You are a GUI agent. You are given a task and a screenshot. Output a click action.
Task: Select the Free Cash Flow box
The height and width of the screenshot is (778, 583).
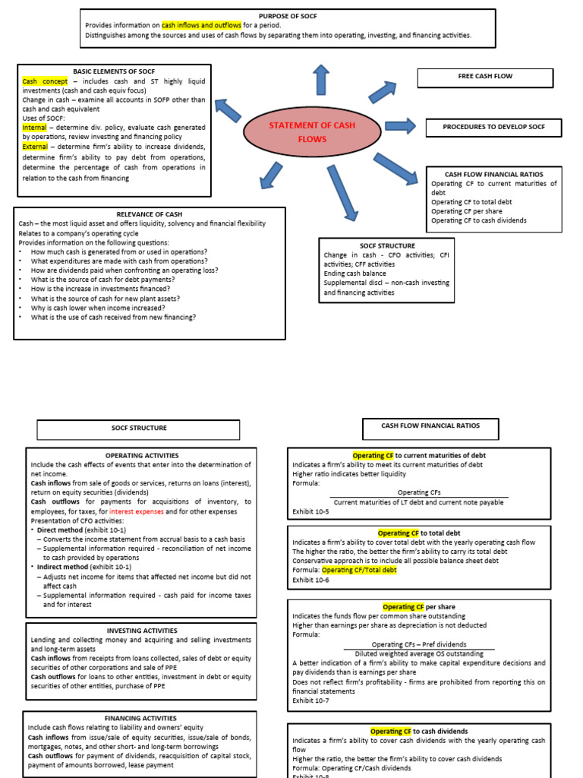click(476, 77)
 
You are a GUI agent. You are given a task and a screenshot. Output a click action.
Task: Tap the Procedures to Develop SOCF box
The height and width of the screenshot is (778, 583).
click(493, 128)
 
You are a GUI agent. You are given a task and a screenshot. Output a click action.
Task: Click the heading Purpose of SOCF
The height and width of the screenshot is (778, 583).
click(288, 16)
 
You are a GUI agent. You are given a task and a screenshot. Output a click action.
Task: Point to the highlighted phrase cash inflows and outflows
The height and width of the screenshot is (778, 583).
click(201, 25)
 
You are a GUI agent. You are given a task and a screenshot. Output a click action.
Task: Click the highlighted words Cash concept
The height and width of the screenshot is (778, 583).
click(45, 81)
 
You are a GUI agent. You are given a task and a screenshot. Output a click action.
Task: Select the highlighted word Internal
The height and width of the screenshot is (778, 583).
click(34, 128)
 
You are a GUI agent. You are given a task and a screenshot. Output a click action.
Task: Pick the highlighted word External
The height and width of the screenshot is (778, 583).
click(35, 147)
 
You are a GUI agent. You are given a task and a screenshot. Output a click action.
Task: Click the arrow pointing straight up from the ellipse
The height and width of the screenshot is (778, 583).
click(322, 80)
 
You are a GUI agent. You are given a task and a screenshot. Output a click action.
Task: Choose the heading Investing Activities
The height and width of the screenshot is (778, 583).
click(142, 631)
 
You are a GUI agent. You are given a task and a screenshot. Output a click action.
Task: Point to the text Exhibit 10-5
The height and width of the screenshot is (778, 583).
click(310, 511)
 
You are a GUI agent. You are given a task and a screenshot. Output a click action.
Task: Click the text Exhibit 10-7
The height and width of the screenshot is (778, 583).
click(310, 701)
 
